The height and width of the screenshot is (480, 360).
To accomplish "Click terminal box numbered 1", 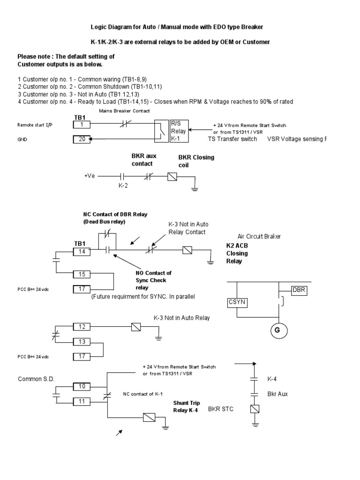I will (x=82, y=125).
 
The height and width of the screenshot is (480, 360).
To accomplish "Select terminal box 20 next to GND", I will (x=82, y=139).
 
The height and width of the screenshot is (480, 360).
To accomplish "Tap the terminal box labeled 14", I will (x=82, y=252).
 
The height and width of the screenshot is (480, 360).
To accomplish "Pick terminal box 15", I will (x=82, y=274).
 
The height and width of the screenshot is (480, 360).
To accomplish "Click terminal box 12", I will (x=82, y=326).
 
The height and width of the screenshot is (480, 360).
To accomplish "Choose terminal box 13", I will (x=82, y=341).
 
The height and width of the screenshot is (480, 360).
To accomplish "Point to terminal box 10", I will (x=82, y=386).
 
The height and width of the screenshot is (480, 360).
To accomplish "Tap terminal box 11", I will (x=82, y=401).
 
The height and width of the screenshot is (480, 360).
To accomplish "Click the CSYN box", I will (x=237, y=302).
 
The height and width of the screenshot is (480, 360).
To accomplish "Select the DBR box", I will (x=300, y=290).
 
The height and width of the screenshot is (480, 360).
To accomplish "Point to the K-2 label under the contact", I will (x=122, y=186).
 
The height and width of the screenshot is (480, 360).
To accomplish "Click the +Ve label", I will (x=89, y=176).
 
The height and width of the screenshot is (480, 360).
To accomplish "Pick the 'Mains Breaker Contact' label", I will (x=124, y=111).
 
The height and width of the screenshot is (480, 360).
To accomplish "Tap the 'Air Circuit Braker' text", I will (x=253, y=236).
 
